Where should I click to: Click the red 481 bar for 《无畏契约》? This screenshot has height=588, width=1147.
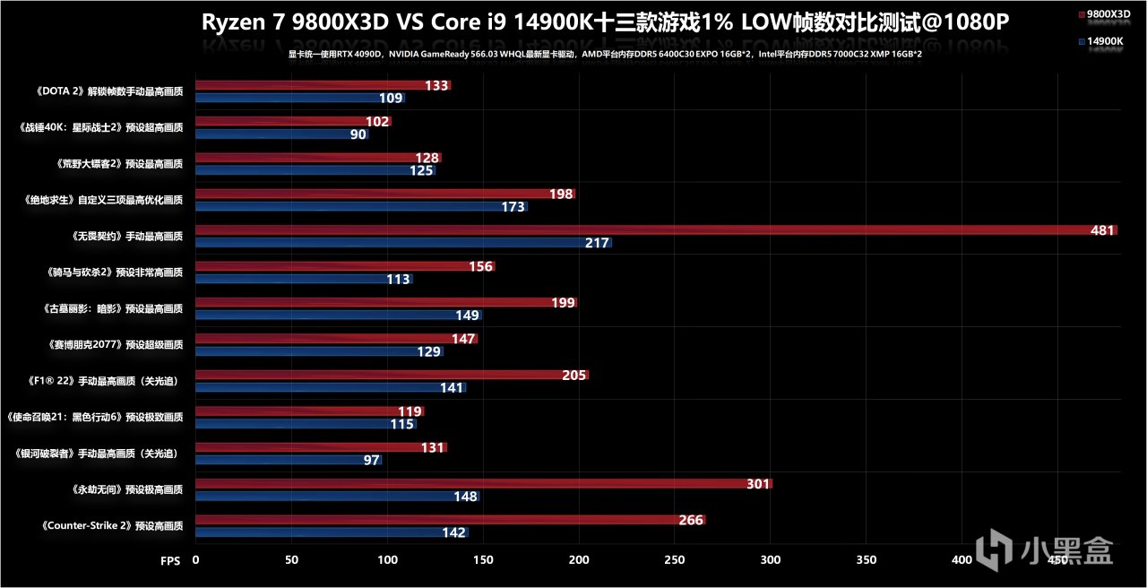[x=654, y=230]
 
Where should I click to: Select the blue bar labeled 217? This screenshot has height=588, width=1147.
[x=403, y=243]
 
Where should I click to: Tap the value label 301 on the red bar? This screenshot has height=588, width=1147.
[x=758, y=484]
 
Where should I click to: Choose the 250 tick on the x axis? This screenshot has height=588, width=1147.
[x=675, y=559]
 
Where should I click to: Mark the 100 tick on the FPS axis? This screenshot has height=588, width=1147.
[x=387, y=559]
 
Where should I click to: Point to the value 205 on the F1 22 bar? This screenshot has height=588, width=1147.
[x=573, y=376]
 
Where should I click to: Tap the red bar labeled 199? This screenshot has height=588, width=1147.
[x=385, y=303]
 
